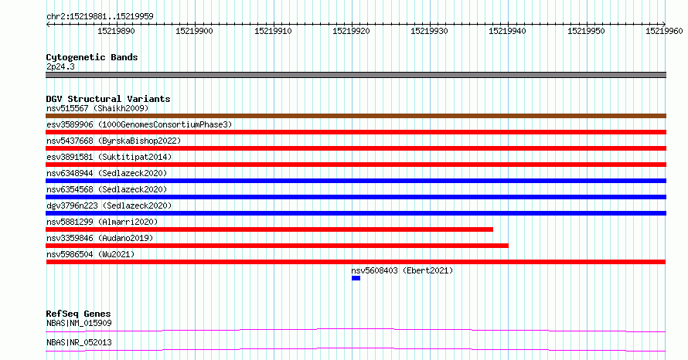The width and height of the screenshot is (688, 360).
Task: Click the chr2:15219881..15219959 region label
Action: point(100,16)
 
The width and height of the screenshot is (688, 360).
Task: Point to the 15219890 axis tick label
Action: point(116,31)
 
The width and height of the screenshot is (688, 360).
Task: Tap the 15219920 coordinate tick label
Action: point(352,31)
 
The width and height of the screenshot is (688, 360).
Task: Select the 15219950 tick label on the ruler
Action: point(586,31)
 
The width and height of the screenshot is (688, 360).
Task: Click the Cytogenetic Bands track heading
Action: point(92,57)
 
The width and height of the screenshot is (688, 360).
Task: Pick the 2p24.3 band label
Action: point(60,66)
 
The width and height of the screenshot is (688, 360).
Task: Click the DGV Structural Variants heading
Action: point(108,99)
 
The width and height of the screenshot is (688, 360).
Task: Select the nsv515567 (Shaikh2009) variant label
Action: point(97,108)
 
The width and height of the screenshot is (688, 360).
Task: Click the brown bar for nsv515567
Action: point(356,116)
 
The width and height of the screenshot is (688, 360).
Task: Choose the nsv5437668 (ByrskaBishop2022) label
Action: point(114,141)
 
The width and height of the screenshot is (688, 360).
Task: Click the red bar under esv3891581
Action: point(356,165)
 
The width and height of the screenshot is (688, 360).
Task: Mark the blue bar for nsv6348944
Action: point(356,181)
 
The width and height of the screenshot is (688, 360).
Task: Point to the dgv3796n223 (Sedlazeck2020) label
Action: point(109,205)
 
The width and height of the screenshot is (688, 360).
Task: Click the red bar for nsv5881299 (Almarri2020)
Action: point(270,229)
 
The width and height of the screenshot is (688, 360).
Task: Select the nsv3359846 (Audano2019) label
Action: point(100,238)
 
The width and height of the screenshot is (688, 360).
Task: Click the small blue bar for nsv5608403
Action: point(356,278)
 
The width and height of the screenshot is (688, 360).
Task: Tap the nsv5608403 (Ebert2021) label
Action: point(402,270)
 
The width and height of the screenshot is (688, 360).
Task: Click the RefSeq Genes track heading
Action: point(79,314)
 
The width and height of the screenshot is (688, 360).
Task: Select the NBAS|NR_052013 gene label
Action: point(80,342)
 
